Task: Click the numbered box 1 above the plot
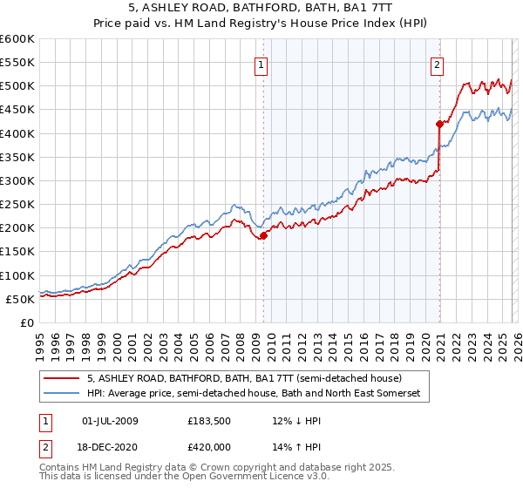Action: pyautogui.click(x=262, y=63)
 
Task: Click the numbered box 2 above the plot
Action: pyautogui.click(x=437, y=63)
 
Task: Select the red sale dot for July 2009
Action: pyautogui.click(x=263, y=235)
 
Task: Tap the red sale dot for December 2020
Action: pyautogui.click(x=439, y=124)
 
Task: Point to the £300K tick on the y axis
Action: pyautogui.click(x=17, y=180)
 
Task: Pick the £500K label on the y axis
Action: pyautogui.click(x=17, y=86)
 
